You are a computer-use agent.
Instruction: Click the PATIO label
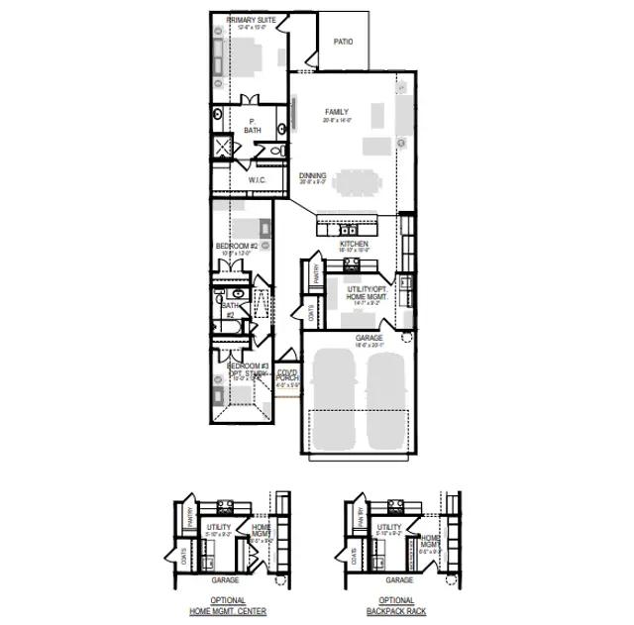pyautogui.click(x=343, y=43)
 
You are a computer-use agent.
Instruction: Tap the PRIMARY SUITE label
pyautogui.click(x=251, y=20)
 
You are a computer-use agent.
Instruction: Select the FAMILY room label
pyautogui.click(x=337, y=113)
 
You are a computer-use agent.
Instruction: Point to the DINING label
pyautogui.click(x=312, y=176)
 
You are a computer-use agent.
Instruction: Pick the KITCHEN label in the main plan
pyautogui.click(x=354, y=244)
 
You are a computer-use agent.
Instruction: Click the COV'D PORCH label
pyautogui.click(x=287, y=375)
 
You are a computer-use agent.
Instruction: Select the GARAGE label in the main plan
pyautogui.click(x=370, y=338)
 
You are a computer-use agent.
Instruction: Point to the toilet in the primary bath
pyautogui.click(x=277, y=151)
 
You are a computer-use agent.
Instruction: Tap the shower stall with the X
pyautogui.click(x=225, y=149)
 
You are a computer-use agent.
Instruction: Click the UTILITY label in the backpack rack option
pyautogui.click(x=389, y=528)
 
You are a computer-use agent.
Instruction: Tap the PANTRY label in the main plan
pyautogui.click(x=316, y=272)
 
